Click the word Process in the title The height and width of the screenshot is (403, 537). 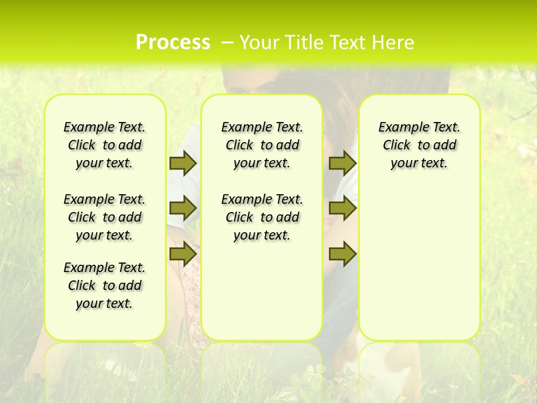(x=173, y=42)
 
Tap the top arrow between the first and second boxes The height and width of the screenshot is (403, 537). (x=183, y=163)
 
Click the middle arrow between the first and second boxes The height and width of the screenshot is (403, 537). (x=183, y=208)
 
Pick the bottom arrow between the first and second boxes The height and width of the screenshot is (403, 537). (x=183, y=254)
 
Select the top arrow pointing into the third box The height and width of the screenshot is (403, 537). (x=342, y=163)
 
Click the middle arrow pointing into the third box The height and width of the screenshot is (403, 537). (x=342, y=208)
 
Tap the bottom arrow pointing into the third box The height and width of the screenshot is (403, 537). (x=342, y=254)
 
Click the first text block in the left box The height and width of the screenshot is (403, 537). (x=105, y=145)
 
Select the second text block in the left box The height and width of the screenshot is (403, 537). (x=105, y=217)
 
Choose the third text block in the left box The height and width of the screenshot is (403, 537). (x=105, y=285)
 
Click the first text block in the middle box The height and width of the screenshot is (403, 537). (x=262, y=145)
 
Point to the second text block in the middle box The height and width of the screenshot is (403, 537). (x=262, y=217)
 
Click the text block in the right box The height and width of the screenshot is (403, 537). (x=419, y=145)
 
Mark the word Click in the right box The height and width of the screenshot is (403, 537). (x=397, y=146)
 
